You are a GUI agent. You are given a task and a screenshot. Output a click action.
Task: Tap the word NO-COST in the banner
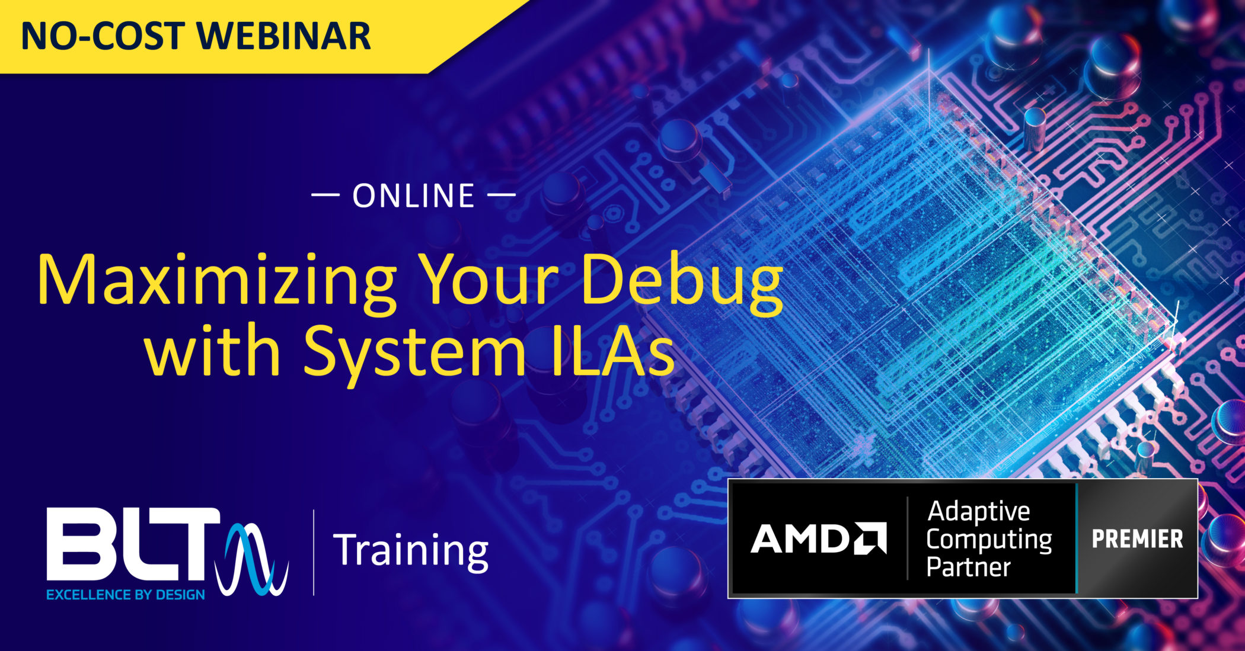coord(102,37)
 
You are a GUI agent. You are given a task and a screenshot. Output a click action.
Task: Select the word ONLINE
coord(414,196)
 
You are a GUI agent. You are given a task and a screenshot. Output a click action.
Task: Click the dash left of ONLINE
coord(325,194)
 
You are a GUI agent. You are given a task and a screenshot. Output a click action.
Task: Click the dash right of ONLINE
coord(502,194)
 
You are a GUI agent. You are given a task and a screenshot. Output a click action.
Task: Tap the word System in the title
coord(415,353)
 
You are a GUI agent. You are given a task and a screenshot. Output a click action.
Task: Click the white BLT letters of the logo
coord(133,544)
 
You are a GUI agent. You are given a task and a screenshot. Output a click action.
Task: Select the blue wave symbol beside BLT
coord(252,559)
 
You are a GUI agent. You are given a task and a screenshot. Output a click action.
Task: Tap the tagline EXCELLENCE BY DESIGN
coord(126,595)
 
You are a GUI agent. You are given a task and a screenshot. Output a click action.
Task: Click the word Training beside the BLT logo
coord(411,551)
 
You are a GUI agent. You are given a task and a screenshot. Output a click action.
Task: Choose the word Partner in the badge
coord(969,567)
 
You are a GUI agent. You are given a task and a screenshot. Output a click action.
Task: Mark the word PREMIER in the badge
coord(1137,539)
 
